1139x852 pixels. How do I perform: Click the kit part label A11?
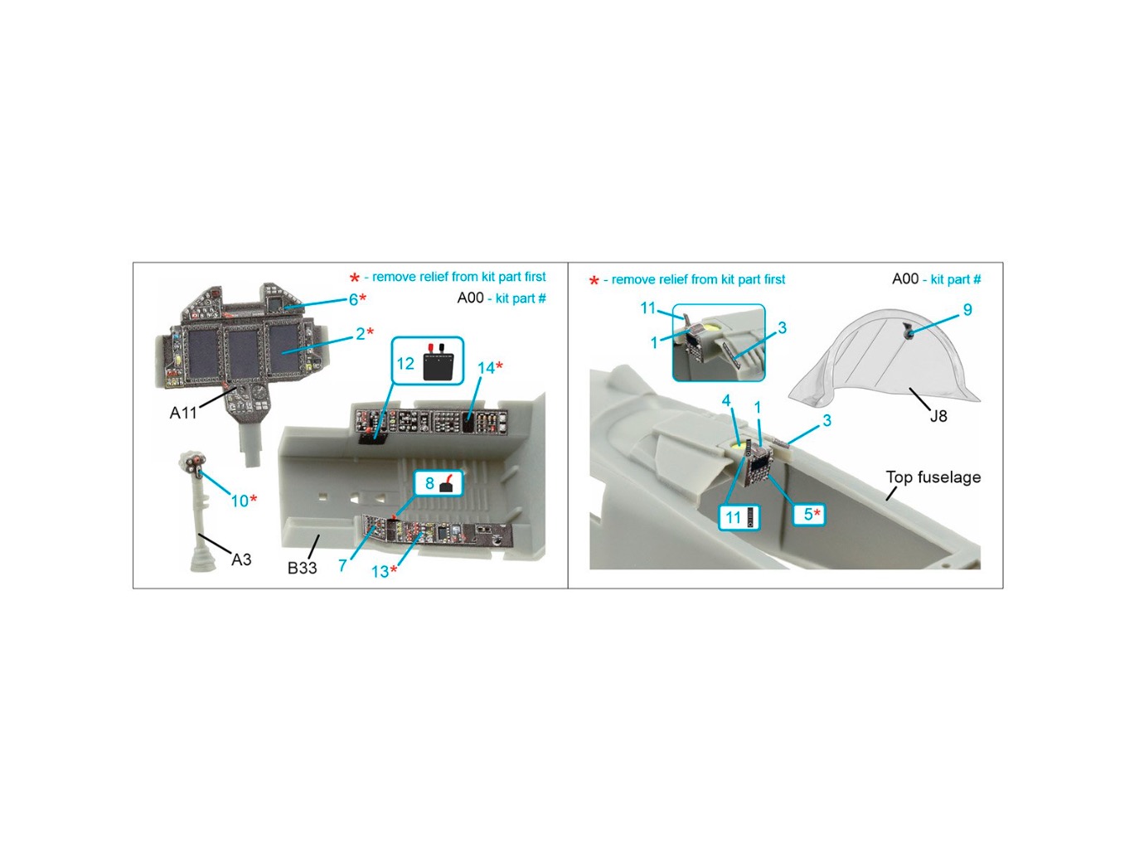pos(183,412)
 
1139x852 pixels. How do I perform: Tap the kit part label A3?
pos(240,559)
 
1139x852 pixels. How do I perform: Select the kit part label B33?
pos(302,568)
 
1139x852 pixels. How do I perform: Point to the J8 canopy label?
pos(938,416)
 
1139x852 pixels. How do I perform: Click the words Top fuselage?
pos(933,477)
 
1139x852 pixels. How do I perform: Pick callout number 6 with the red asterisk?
pos(357,299)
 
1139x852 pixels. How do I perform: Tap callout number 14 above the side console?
pos(490,368)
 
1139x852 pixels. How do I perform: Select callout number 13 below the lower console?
pos(384,572)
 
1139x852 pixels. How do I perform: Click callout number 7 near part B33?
pos(342,565)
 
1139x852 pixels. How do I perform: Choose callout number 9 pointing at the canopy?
pos(967,310)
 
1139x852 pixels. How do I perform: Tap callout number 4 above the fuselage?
pos(726,400)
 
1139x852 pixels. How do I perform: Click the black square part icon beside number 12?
pos(439,366)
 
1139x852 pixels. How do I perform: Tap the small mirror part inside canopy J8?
pos(908,331)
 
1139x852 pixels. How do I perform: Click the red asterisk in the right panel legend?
pos(594,281)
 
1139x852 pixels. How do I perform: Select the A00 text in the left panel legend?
pos(470,298)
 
